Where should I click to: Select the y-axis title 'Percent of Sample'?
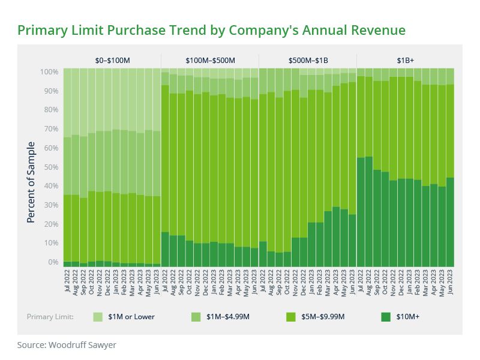(x=31, y=182)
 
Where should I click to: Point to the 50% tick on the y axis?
(x=50, y=167)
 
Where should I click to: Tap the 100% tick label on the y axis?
(x=49, y=72)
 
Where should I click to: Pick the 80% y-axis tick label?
(x=50, y=110)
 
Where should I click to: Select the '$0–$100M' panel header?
(x=112, y=61)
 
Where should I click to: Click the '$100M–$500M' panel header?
(x=210, y=61)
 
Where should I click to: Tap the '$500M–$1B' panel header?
(x=308, y=61)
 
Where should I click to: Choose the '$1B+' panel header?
(x=405, y=61)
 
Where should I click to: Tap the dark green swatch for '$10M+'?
(x=386, y=317)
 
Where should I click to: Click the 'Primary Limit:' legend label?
(x=50, y=317)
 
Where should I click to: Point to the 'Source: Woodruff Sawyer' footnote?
(x=66, y=345)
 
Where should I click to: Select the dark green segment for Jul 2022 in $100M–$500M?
(x=165, y=249)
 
